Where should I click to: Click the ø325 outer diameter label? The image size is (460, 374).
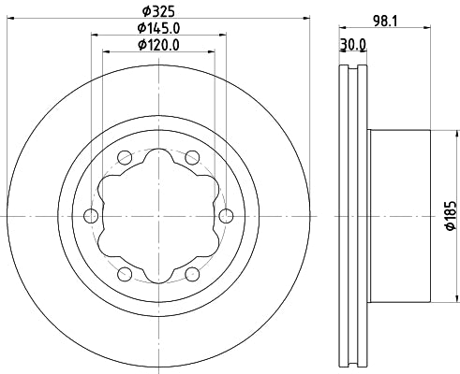point(157,12)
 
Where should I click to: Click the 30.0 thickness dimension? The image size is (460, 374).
point(352,44)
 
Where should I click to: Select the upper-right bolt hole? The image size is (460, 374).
point(191,156)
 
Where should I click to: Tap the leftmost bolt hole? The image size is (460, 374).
point(91,216)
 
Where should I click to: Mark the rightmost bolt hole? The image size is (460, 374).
point(225,216)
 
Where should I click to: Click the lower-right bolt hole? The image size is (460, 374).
point(191,274)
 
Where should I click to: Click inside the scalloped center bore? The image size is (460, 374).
point(157,216)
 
